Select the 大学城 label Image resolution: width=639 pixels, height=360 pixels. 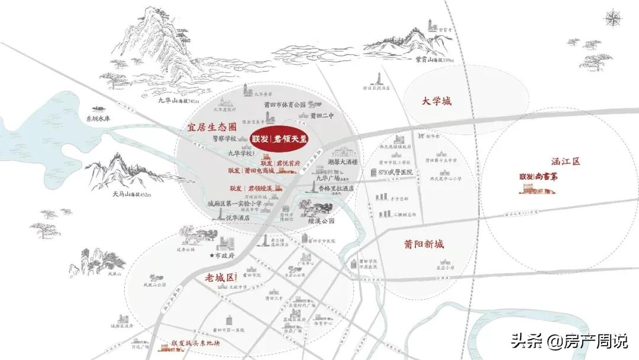point(437,101)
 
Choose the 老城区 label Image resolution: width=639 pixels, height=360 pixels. point(221,277)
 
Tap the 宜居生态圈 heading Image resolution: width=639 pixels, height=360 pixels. point(212,127)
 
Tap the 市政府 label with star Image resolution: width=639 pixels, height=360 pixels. point(222,256)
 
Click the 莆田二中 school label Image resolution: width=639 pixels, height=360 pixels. point(322,115)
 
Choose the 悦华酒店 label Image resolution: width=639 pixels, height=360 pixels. point(237,217)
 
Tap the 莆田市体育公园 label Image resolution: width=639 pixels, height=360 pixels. point(285,105)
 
